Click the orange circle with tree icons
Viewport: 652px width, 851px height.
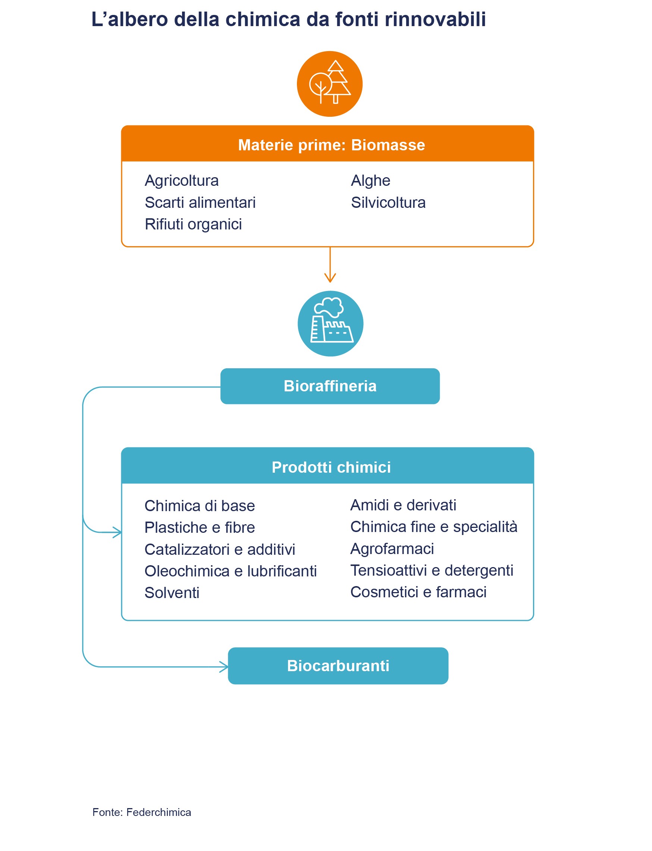329,84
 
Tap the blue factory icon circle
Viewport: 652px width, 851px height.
330,323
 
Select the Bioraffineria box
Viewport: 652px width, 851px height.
330,386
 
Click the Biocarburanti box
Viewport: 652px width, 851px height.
338,666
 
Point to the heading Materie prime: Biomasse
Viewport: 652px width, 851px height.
331,145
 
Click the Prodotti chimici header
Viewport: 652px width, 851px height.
331,467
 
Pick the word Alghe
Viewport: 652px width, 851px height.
370,181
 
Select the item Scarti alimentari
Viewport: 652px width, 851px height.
200,202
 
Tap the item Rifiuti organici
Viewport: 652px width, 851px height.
193,224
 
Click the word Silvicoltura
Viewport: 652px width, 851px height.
388,202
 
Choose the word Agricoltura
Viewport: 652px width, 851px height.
182,181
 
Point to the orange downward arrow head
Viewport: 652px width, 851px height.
330,278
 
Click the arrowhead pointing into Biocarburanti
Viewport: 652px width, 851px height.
224,667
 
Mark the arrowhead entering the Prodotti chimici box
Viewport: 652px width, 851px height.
117,532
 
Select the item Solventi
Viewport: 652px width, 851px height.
172,592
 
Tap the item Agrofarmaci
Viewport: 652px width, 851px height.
392,548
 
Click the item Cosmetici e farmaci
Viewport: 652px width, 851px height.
418,592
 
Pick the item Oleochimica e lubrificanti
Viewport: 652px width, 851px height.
231,571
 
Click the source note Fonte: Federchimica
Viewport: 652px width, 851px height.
142,812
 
